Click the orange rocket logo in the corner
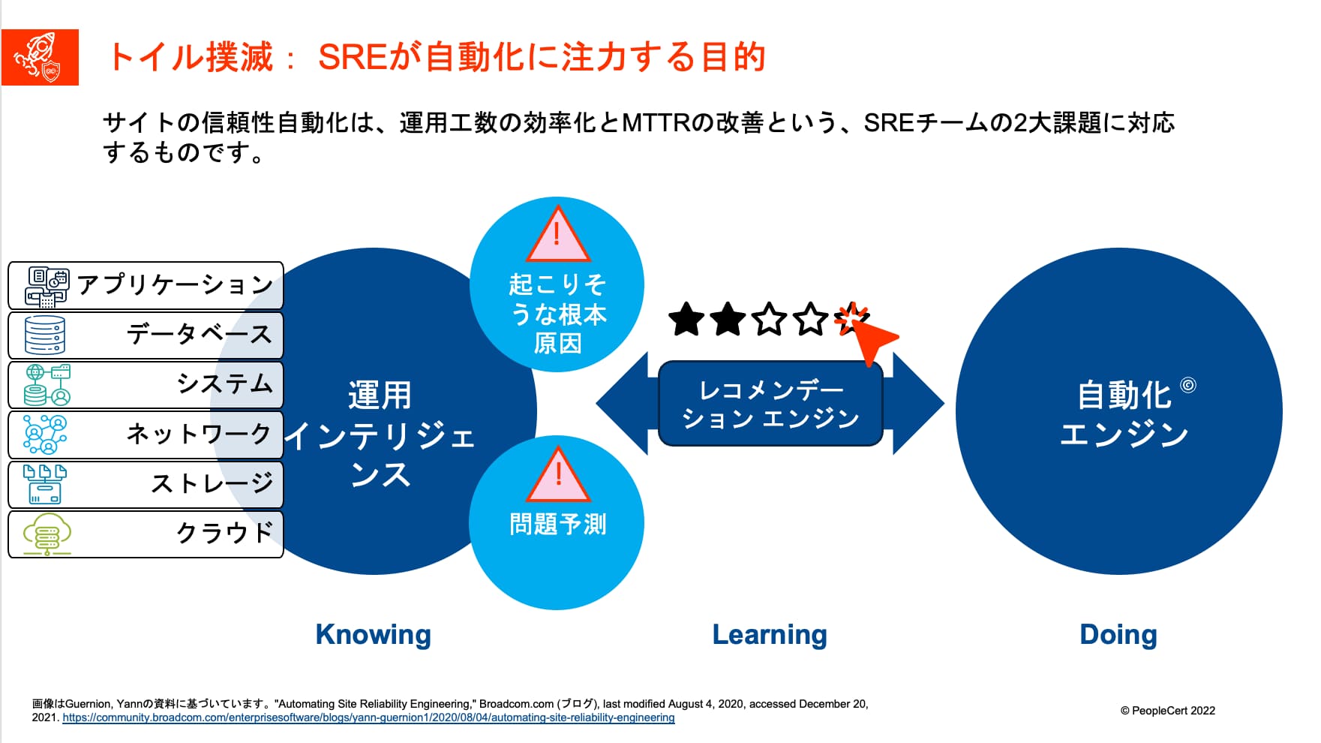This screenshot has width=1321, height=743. [40, 57]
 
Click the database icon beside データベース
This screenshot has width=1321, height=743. [45, 335]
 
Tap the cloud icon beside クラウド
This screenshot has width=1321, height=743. [47, 534]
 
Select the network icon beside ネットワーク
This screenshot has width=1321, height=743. [45, 435]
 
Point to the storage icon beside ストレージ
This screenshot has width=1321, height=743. [45, 484]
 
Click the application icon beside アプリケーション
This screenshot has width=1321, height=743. [47, 287]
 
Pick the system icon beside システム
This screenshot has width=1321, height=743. [47, 384]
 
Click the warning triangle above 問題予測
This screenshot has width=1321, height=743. [558, 476]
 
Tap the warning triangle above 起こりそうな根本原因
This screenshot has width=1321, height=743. [557, 234]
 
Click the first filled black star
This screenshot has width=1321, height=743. [686, 320]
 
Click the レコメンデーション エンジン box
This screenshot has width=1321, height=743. [770, 404]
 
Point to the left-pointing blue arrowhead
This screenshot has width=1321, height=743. [623, 404]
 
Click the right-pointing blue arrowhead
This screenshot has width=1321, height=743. [918, 404]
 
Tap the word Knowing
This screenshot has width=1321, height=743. [373, 635]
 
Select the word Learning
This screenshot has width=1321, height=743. [770, 635]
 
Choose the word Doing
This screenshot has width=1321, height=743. [1118, 635]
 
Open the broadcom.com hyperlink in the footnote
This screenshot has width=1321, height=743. [368, 717]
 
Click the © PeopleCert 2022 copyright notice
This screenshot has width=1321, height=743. [1168, 711]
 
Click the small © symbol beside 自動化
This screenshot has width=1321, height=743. [1188, 385]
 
